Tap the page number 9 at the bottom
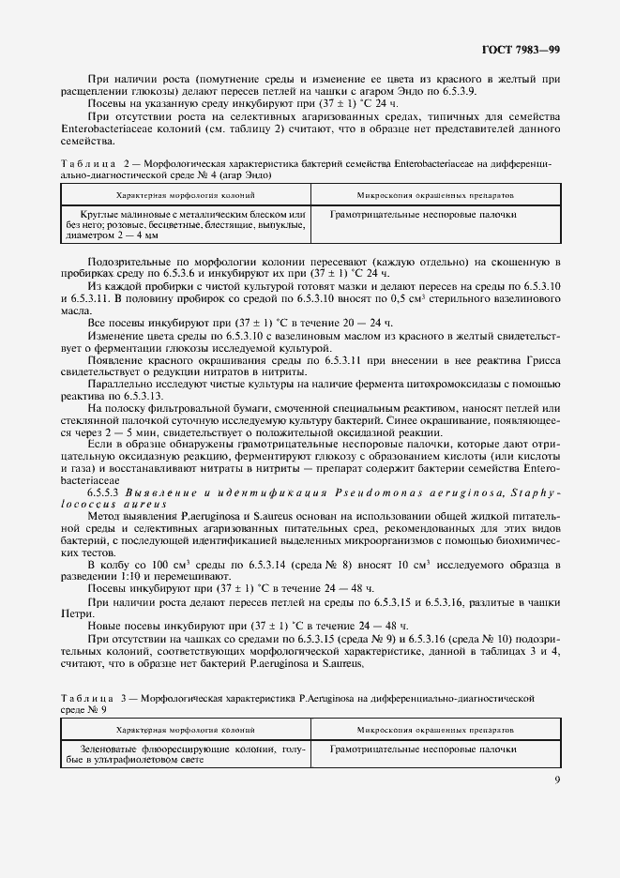(x=556, y=776)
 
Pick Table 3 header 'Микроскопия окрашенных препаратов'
(x=433, y=728)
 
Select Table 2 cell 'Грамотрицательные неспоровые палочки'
(x=423, y=215)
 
